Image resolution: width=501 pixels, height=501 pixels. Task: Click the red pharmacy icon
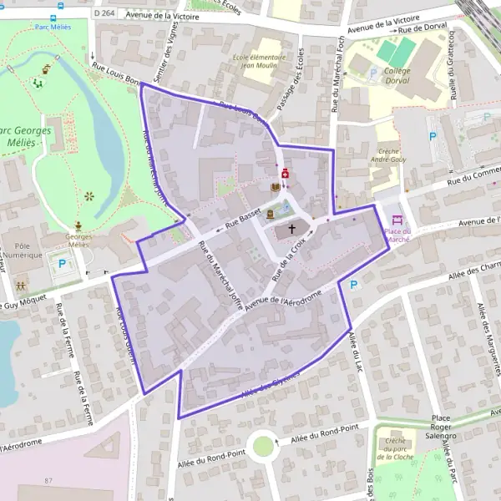[x=286, y=173]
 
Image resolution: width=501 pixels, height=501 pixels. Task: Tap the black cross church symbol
[x=292, y=227]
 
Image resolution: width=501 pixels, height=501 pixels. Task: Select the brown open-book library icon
[x=276, y=187]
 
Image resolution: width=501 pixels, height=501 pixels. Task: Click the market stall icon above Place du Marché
[x=397, y=220]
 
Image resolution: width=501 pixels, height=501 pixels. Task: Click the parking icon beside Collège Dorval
[x=372, y=73]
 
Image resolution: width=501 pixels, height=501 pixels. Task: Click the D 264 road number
[x=104, y=13]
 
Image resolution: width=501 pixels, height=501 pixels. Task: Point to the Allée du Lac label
[x=357, y=352]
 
